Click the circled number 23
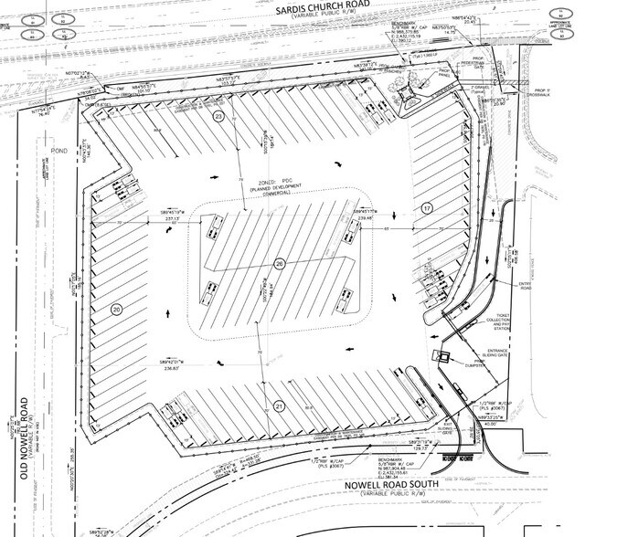[218, 118]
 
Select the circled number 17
[426, 208]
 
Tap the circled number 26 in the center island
[280, 263]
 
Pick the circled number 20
[116, 310]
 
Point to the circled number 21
[278, 405]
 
